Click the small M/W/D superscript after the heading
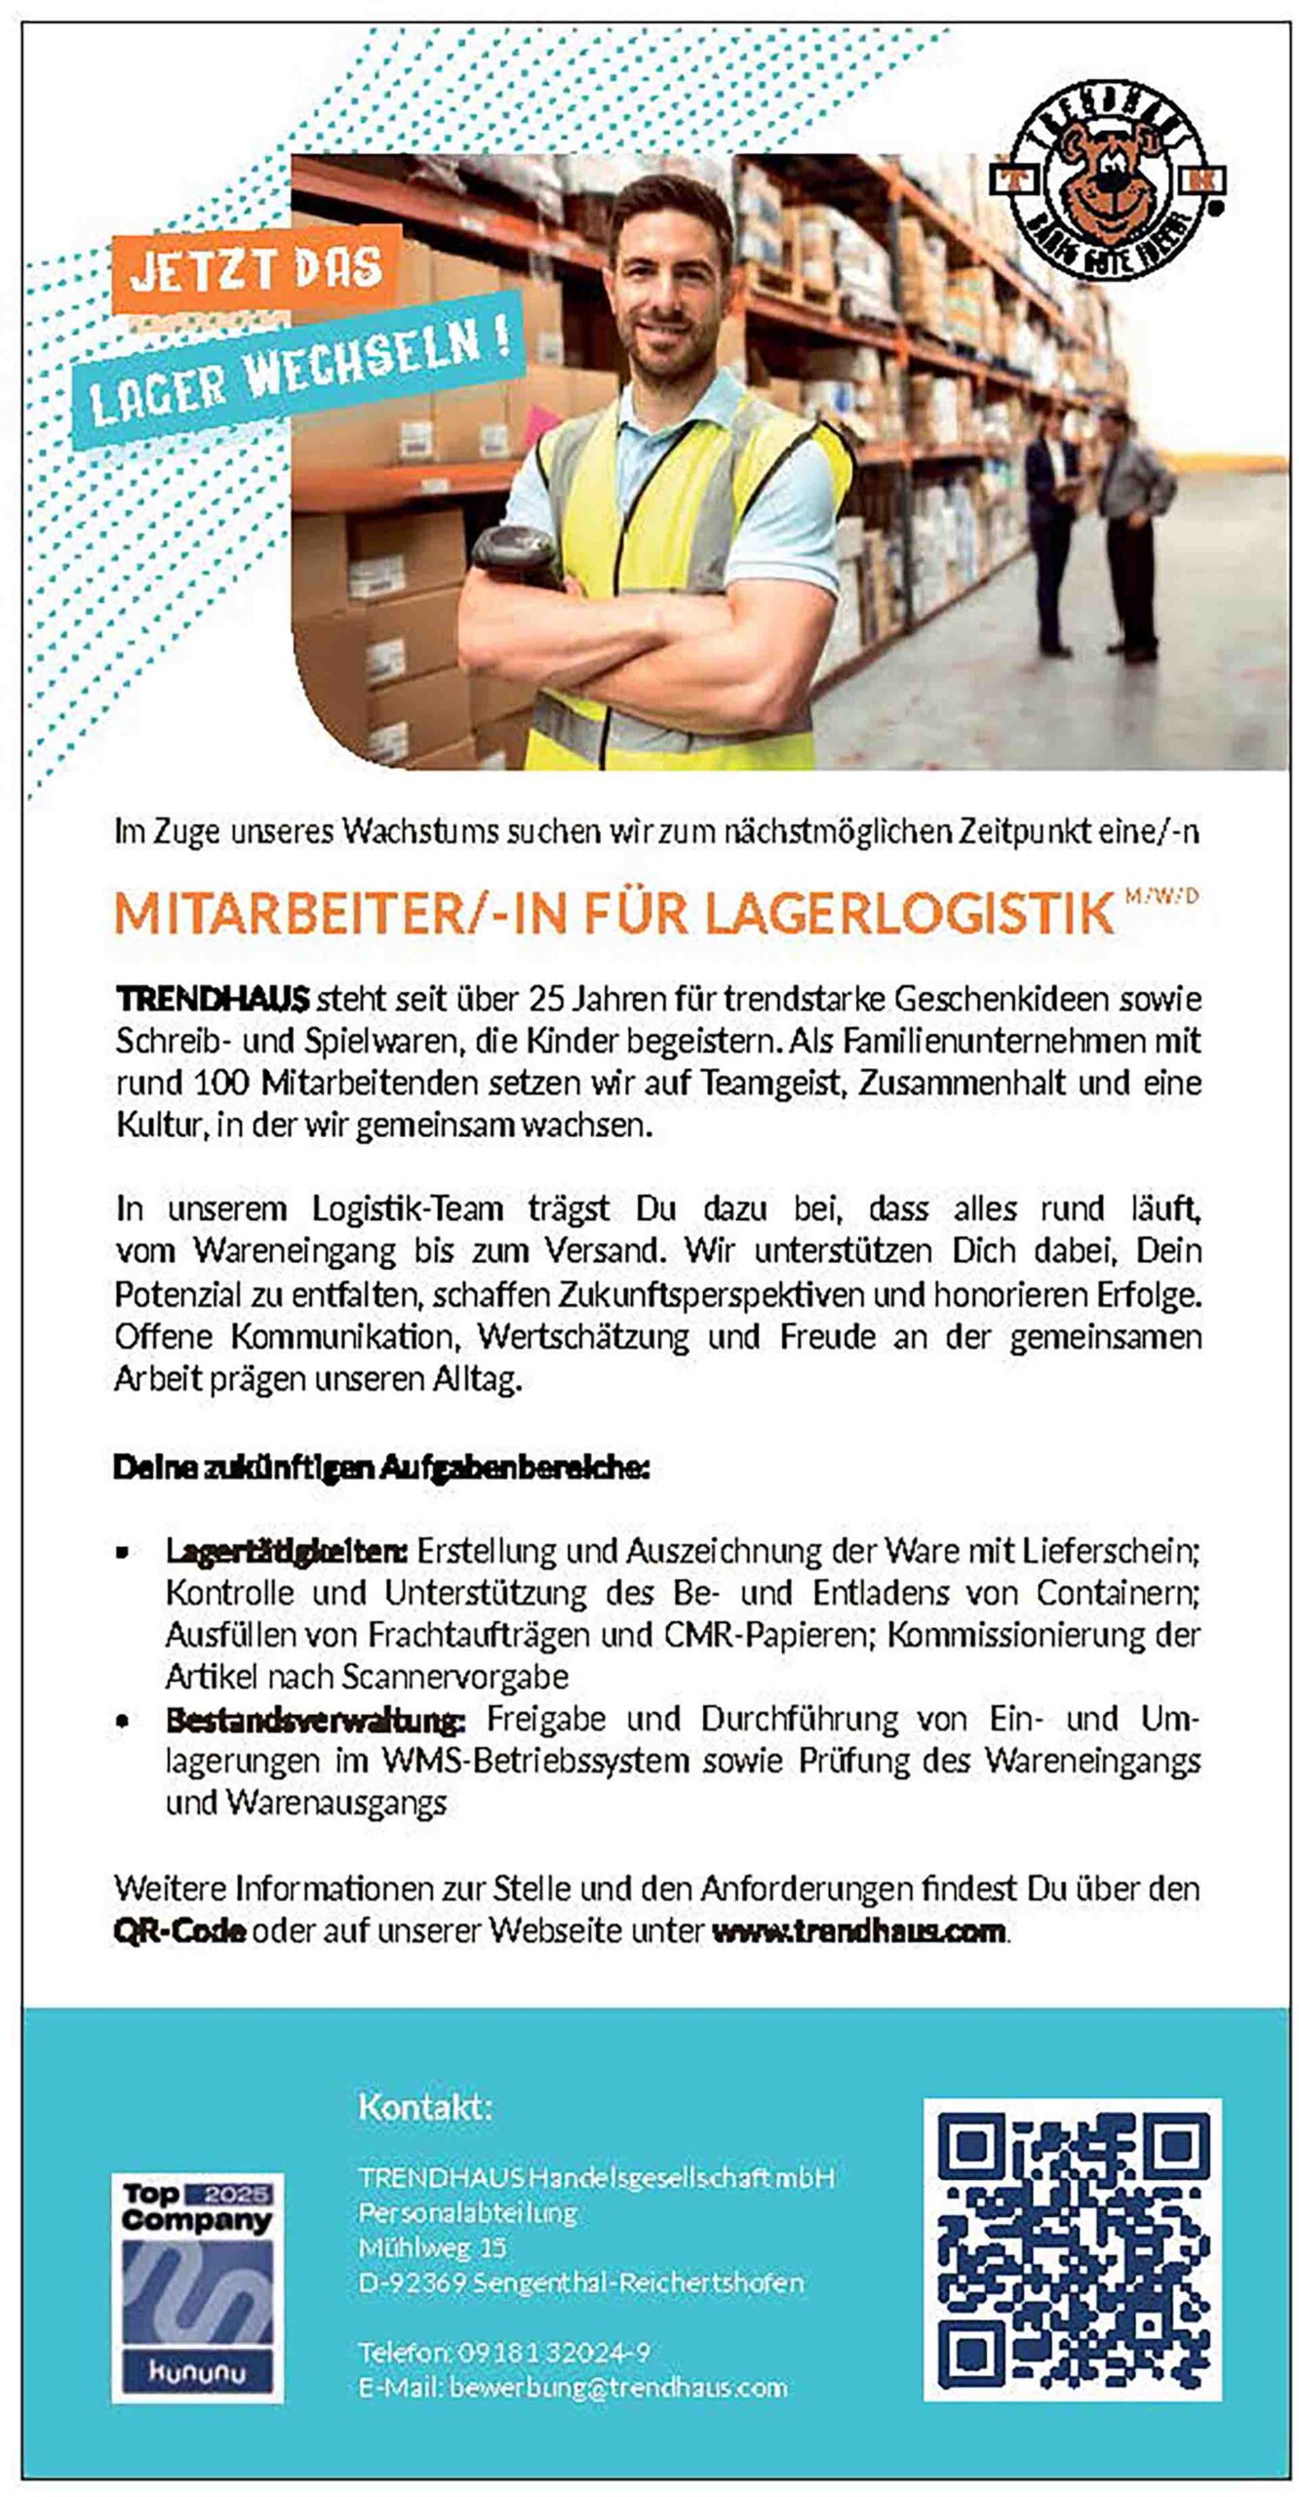(x=1161, y=893)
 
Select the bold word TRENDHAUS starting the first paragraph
(x=212, y=999)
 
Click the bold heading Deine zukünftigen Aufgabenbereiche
(x=381, y=1467)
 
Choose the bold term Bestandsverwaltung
(x=315, y=1720)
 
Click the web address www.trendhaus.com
(x=858, y=1930)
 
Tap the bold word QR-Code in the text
(x=179, y=1930)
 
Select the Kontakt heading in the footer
(x=425, y=2107)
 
